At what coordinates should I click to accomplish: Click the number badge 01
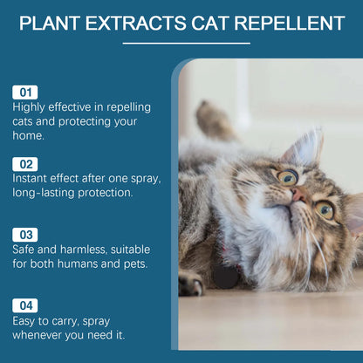coord(24,91)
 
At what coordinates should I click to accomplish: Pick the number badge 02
coord(24,162)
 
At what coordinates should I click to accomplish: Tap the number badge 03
coord(24,234)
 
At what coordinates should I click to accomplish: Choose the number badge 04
coord(24,305)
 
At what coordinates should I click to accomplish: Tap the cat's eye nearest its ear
coord(287,177)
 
